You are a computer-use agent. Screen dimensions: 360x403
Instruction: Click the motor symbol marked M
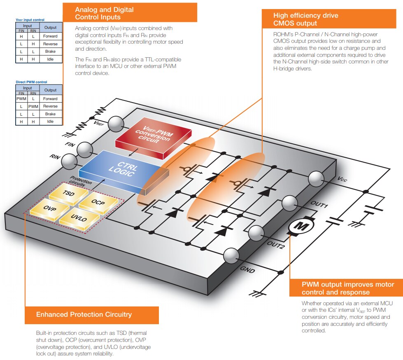pos(301,226)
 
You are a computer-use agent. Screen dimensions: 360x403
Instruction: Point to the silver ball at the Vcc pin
pos(317,178)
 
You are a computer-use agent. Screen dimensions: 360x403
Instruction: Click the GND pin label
pos(247,270)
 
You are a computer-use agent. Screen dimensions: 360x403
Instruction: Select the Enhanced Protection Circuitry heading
pos(84,314)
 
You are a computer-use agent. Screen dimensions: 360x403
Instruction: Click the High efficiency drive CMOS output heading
pos(306,19)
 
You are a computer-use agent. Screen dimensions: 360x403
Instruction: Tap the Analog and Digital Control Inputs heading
pos(104,13)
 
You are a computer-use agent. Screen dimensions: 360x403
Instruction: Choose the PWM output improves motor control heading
pos(348,288)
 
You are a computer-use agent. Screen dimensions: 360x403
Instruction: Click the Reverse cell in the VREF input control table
pos(51,44)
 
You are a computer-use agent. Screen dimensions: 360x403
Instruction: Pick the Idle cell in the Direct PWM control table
pos(51,122)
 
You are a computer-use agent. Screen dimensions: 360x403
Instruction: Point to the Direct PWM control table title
pos(31,82)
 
